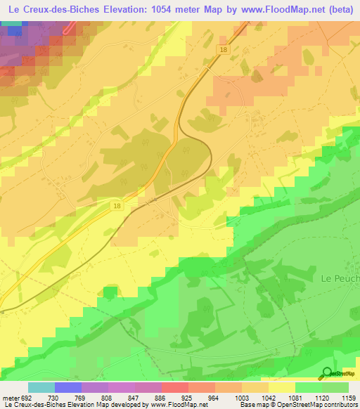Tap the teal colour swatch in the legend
41,387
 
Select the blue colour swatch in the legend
68,387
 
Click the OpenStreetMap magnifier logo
328,373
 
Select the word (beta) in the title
341,9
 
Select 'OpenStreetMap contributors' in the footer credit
319,405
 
